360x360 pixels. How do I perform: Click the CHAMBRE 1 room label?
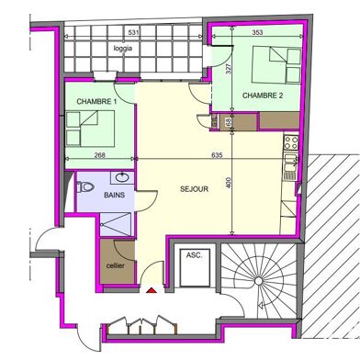[x=95, y=101]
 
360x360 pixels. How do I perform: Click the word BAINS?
[x=114, y=196]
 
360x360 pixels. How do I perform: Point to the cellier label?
[x=117, y=264]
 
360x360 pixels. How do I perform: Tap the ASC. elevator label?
[x=194, y=254]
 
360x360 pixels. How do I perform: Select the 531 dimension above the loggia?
[x=133, y=32]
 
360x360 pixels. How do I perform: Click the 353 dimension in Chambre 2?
[x=257, y=32]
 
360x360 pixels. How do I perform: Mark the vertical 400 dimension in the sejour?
[x=229, y=185]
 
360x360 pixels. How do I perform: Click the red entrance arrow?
[x=151, y=291]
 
